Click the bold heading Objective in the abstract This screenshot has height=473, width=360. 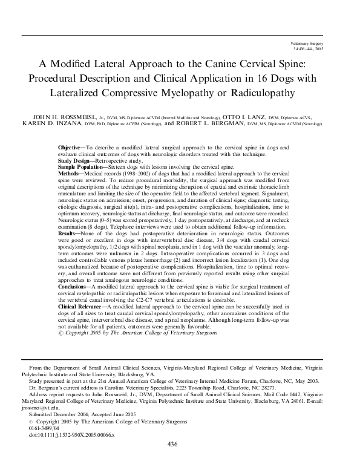click(71, 148)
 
